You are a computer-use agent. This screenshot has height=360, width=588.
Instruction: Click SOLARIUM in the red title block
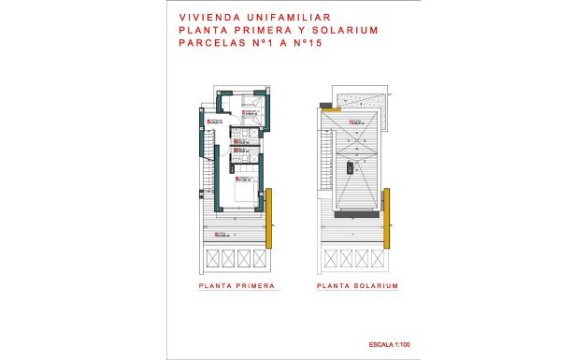[x=343, y=29]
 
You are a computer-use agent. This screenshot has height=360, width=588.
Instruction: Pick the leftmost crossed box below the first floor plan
[x=210, y=258]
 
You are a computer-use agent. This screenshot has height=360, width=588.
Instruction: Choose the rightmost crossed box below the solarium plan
[x=374, y=258]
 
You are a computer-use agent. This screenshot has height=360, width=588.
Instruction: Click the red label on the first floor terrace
[x=222, y=234]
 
